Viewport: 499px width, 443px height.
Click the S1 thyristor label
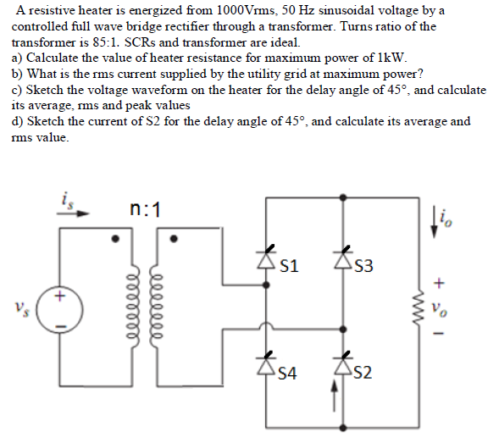[x=288, y=267]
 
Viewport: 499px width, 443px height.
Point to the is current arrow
[x=73, y=212]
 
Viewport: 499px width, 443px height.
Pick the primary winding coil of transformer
[x=131, y=305]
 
